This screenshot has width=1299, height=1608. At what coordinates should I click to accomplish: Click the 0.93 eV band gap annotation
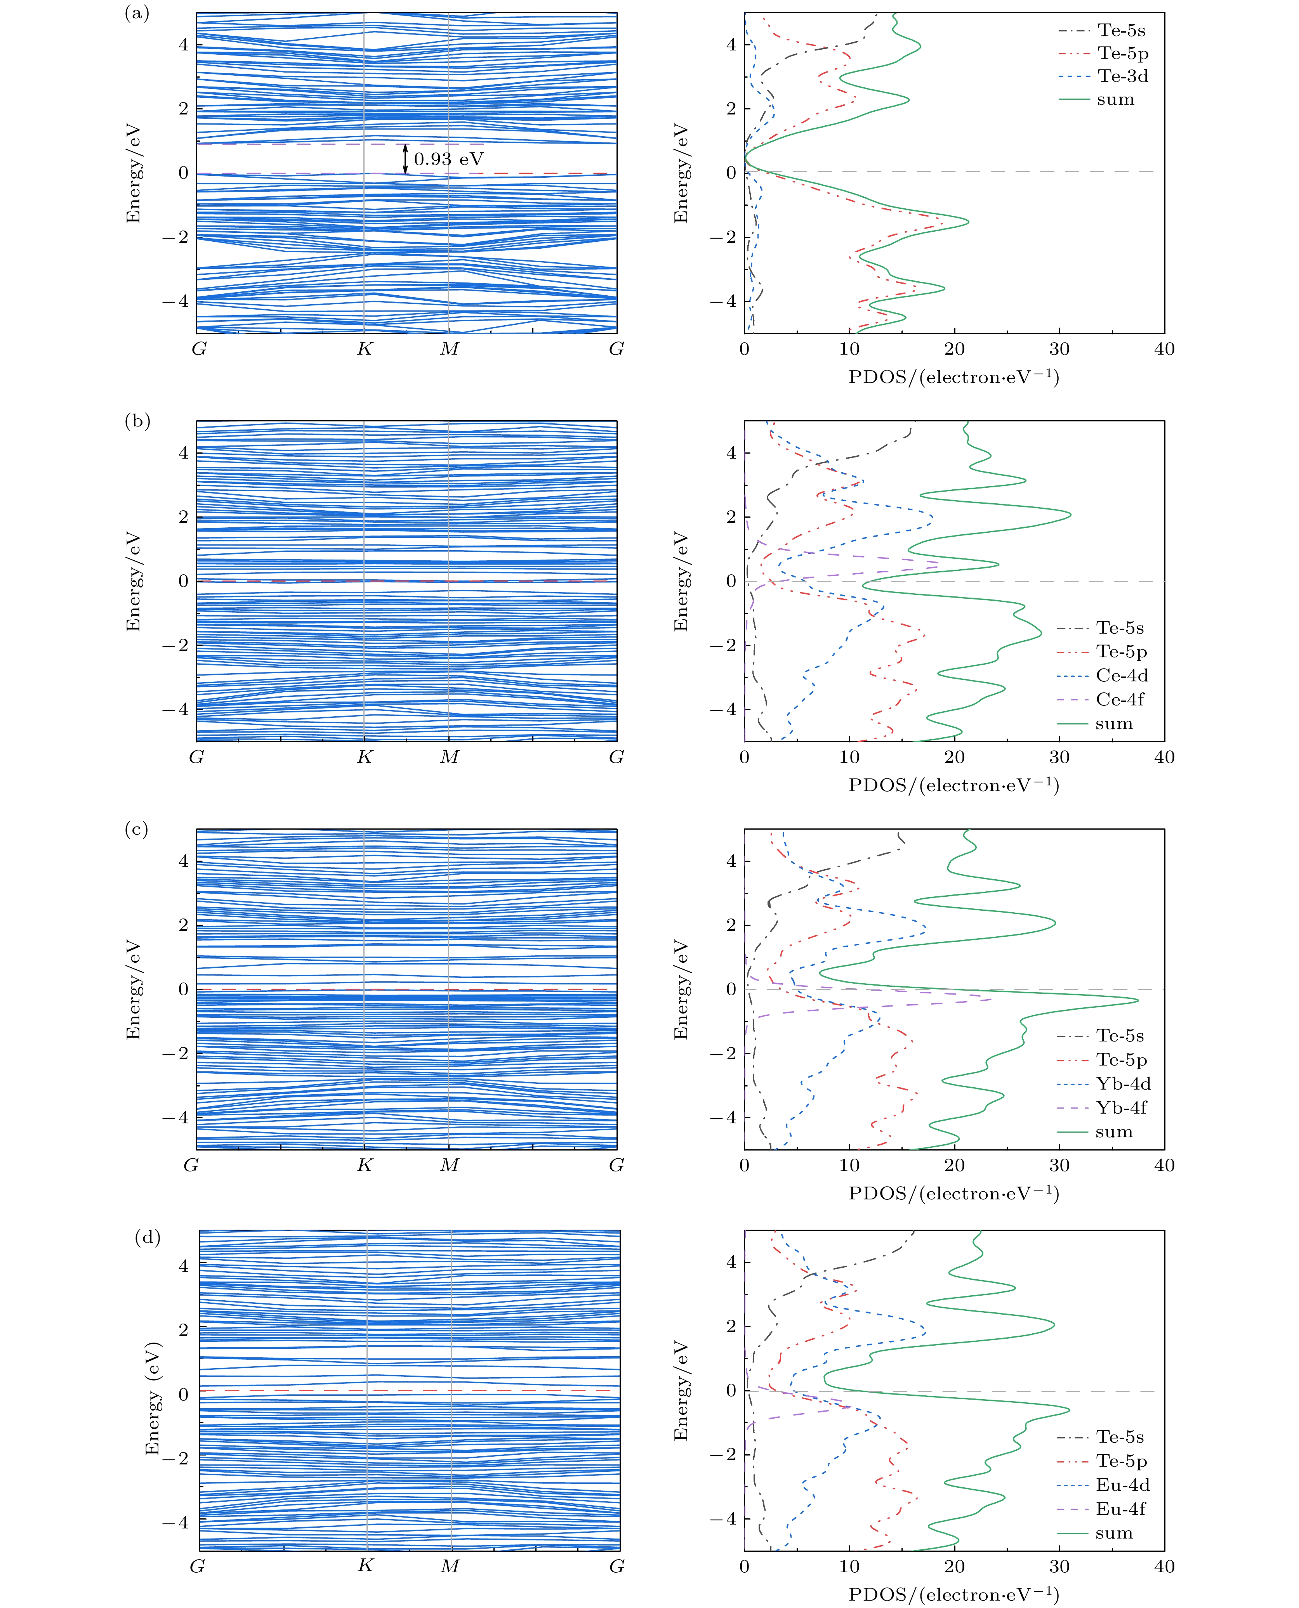pyautogui.click(x=449, y=159)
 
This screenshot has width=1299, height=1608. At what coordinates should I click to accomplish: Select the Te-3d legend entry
pyautogui.click(x=1122, y=76)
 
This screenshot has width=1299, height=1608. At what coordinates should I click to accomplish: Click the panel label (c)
pyautogui.click(x=136, y=830)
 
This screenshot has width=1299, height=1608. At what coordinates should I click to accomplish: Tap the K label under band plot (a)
pyautogui.click(x=365, y=349)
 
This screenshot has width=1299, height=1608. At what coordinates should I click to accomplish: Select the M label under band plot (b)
pyautogui.click(x=449, y=757)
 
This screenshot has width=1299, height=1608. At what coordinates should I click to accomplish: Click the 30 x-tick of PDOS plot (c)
pyautogui.click(x=1059, y=1165)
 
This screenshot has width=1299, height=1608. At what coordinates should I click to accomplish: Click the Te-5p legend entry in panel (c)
pyautogui.click(x=1121, y=1060)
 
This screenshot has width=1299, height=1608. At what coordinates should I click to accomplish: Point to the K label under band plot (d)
pyautogui.click(x=365, y=1565)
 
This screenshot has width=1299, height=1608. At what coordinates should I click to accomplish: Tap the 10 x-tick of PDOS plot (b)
pyautogui.click(x=849, y=757)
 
